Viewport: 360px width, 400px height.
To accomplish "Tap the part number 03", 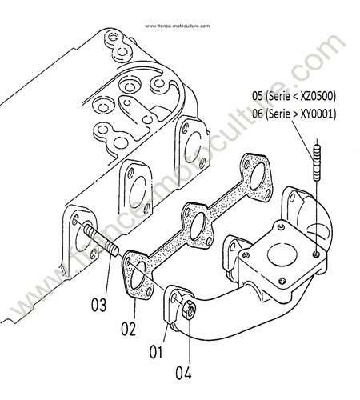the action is tap(99, 304).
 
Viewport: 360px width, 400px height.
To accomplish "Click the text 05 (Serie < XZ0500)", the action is tap(294, 96).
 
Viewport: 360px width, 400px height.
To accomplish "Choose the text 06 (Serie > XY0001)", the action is tap(294, 114).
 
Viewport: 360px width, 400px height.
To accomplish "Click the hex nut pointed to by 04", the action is tap(189, 310).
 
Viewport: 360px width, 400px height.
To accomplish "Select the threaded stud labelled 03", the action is tap(102, 240).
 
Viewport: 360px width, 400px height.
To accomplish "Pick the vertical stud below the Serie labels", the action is tap(317, 162).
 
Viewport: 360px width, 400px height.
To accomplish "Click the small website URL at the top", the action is tap(178, 26).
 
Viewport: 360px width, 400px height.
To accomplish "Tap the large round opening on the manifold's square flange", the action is tap(282, 254).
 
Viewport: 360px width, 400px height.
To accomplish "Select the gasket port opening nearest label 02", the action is tap(138, 276).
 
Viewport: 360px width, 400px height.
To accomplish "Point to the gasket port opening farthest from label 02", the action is tap(258, 176).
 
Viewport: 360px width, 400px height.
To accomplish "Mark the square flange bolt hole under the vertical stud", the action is tap(316, 254).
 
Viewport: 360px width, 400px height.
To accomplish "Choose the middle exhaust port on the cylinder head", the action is tap(138, 190).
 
